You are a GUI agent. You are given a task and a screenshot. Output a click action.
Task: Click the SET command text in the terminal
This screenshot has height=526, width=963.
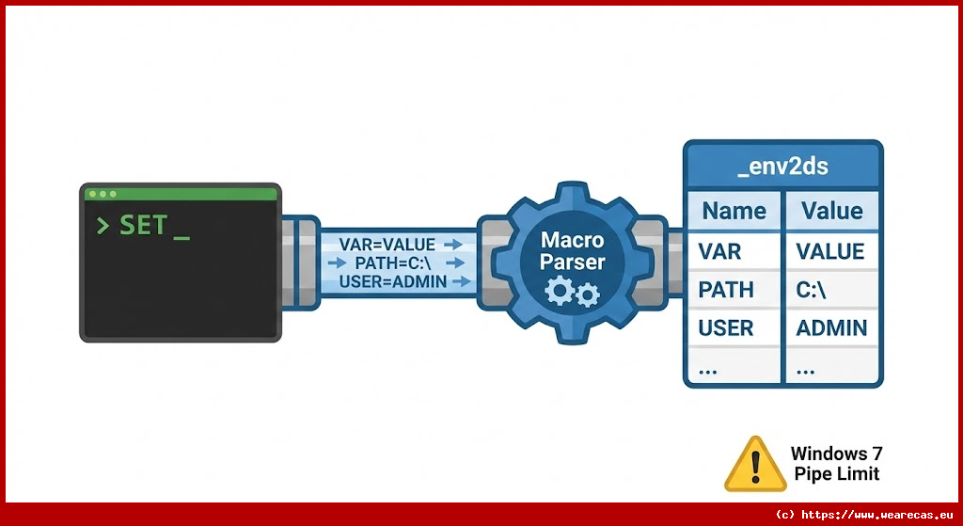tap(144, 226)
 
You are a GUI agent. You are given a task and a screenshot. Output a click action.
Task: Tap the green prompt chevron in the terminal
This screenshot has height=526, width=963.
tap(103, 226)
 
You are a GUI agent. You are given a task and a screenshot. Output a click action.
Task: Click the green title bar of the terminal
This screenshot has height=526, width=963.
tap(182, 194)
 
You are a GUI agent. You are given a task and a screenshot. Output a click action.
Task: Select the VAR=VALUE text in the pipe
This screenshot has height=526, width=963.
tap(387, 245)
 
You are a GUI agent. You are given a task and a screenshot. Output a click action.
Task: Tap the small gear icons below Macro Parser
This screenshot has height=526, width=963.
tap(572, 294)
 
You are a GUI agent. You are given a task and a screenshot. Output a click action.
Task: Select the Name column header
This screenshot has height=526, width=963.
tap(734, 211)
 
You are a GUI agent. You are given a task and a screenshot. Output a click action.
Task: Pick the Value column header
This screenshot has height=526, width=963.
tap(830, 211)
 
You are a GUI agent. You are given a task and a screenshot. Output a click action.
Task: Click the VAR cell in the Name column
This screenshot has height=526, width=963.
tap(721, 251)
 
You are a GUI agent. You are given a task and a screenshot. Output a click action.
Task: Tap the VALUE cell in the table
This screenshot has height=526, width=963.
tap(830, 251)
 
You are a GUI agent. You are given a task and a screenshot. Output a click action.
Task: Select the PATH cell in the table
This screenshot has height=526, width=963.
tap(726, 290)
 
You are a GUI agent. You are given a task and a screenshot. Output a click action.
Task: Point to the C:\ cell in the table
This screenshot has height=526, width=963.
tap(812, 290)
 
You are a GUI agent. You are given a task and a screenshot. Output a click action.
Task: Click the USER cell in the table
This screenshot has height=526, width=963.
tap(726, 328)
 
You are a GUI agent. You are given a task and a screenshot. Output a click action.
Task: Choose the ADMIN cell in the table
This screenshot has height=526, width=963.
tap(831, 328)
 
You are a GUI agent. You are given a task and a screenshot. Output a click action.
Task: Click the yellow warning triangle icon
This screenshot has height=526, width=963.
tap(754, 464)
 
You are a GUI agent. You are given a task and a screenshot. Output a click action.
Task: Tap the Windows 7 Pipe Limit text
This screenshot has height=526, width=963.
tap(836, 464)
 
